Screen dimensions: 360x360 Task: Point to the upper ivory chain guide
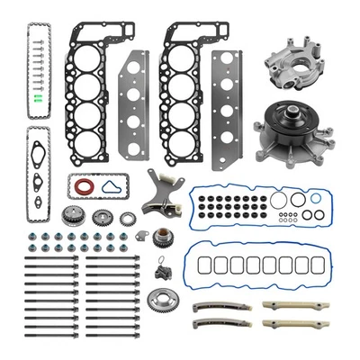(285, 304)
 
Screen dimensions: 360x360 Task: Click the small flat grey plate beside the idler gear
(140, 236)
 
